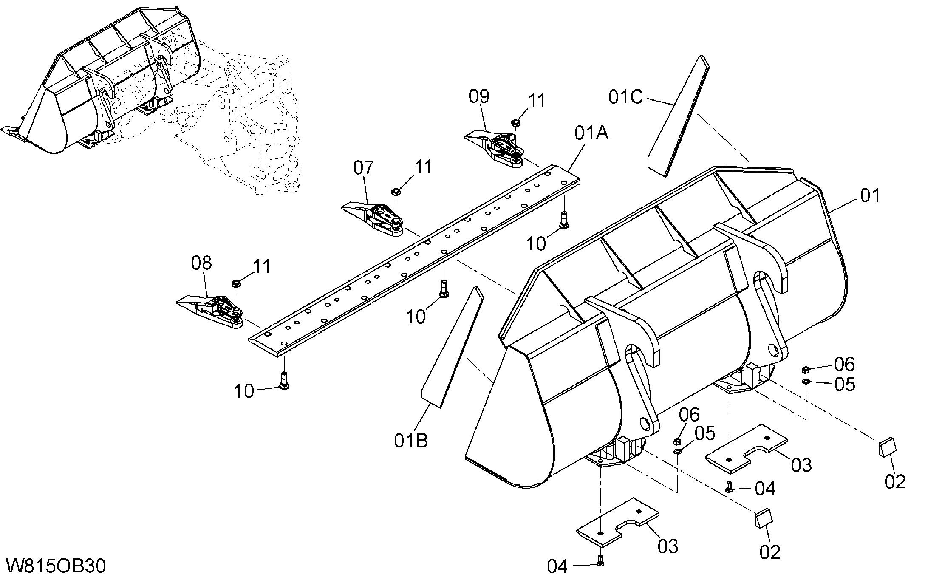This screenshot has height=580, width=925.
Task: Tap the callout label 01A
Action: click(591, 133)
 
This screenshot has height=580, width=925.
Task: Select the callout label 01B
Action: click(411, 441)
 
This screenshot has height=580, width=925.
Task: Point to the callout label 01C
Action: click(626, 97)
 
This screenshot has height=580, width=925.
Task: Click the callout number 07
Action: click(363, 167)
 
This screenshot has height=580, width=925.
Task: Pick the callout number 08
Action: click(201, 263)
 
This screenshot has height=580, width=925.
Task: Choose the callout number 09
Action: click(479, 96)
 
